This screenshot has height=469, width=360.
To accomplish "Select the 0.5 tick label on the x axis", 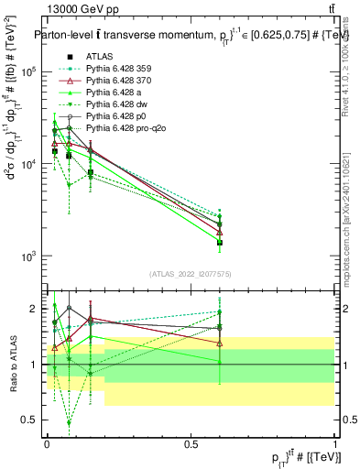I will pyautogui.click(x=191, y=443).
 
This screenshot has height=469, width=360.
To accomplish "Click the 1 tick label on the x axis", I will pyautogui.click(x=334, y=443).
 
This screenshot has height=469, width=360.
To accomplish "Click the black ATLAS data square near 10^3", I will pyautogui.click(x=220, y=243).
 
